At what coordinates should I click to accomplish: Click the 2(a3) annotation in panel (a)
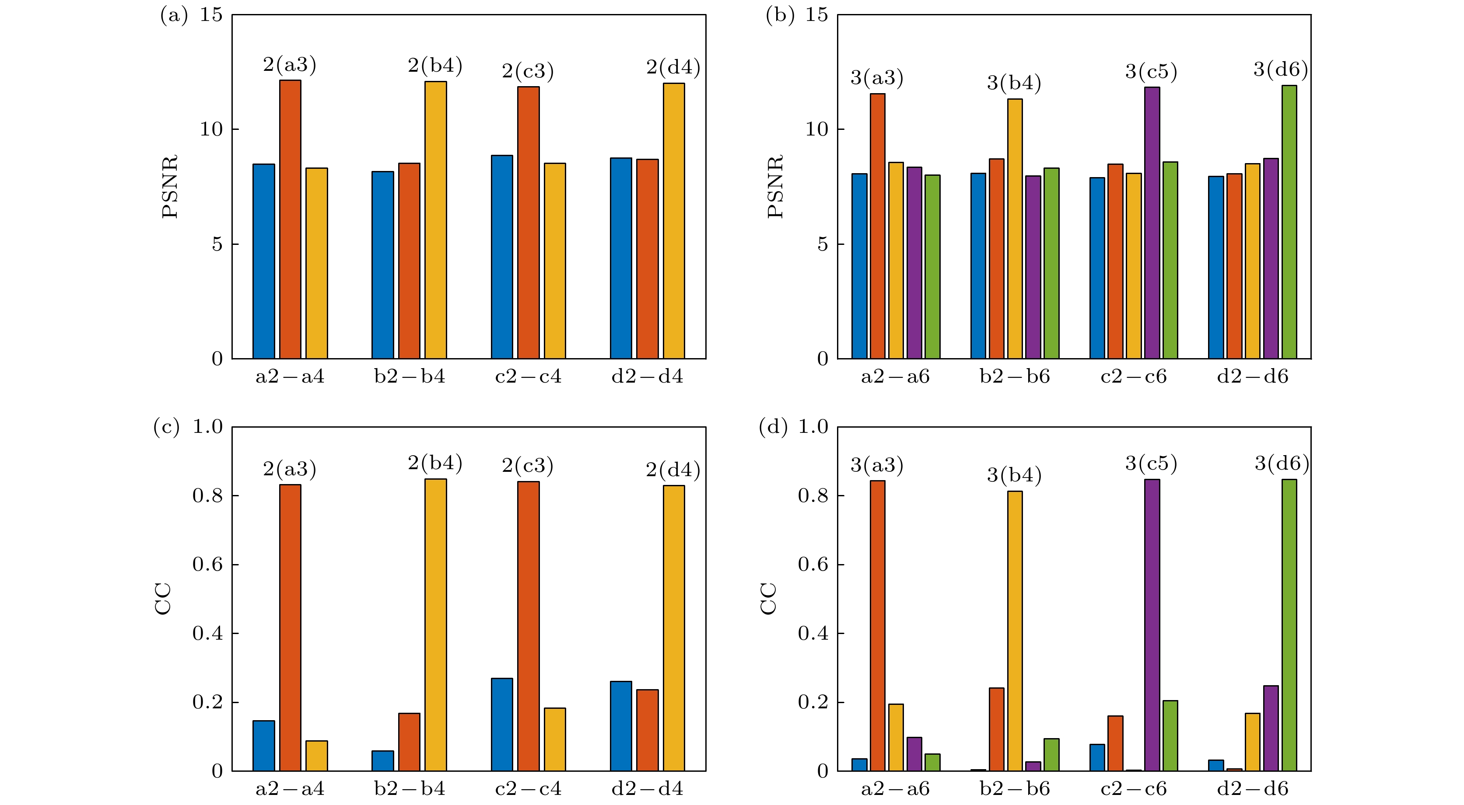point(289,65)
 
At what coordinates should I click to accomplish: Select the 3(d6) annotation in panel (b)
point(1280,70)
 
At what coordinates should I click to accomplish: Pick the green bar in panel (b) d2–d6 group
point(1289,222)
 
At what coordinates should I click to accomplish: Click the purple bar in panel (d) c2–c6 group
point(1152,625)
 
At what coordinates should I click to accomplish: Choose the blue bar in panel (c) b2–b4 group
point(382,761)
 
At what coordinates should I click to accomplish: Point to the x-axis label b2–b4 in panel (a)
point(409,376)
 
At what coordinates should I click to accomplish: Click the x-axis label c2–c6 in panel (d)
point(1133,788)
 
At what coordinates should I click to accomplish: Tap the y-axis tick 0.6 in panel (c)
point(207,564)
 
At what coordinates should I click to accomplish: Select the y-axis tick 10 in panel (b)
point(817,129)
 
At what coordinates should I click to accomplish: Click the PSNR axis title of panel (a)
point(170,186)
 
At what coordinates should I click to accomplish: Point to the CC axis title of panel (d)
point(768,598)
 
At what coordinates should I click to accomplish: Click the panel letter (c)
point(166,427)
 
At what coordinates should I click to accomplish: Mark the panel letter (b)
point(780,15)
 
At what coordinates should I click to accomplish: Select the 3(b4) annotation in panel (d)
point(1014,475)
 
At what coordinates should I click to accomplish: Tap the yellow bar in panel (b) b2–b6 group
point(1015,228)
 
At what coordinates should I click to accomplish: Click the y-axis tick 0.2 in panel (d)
point(813,702)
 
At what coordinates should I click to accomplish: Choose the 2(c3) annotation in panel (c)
point(527,466)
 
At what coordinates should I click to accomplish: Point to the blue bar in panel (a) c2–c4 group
point(502,257)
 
